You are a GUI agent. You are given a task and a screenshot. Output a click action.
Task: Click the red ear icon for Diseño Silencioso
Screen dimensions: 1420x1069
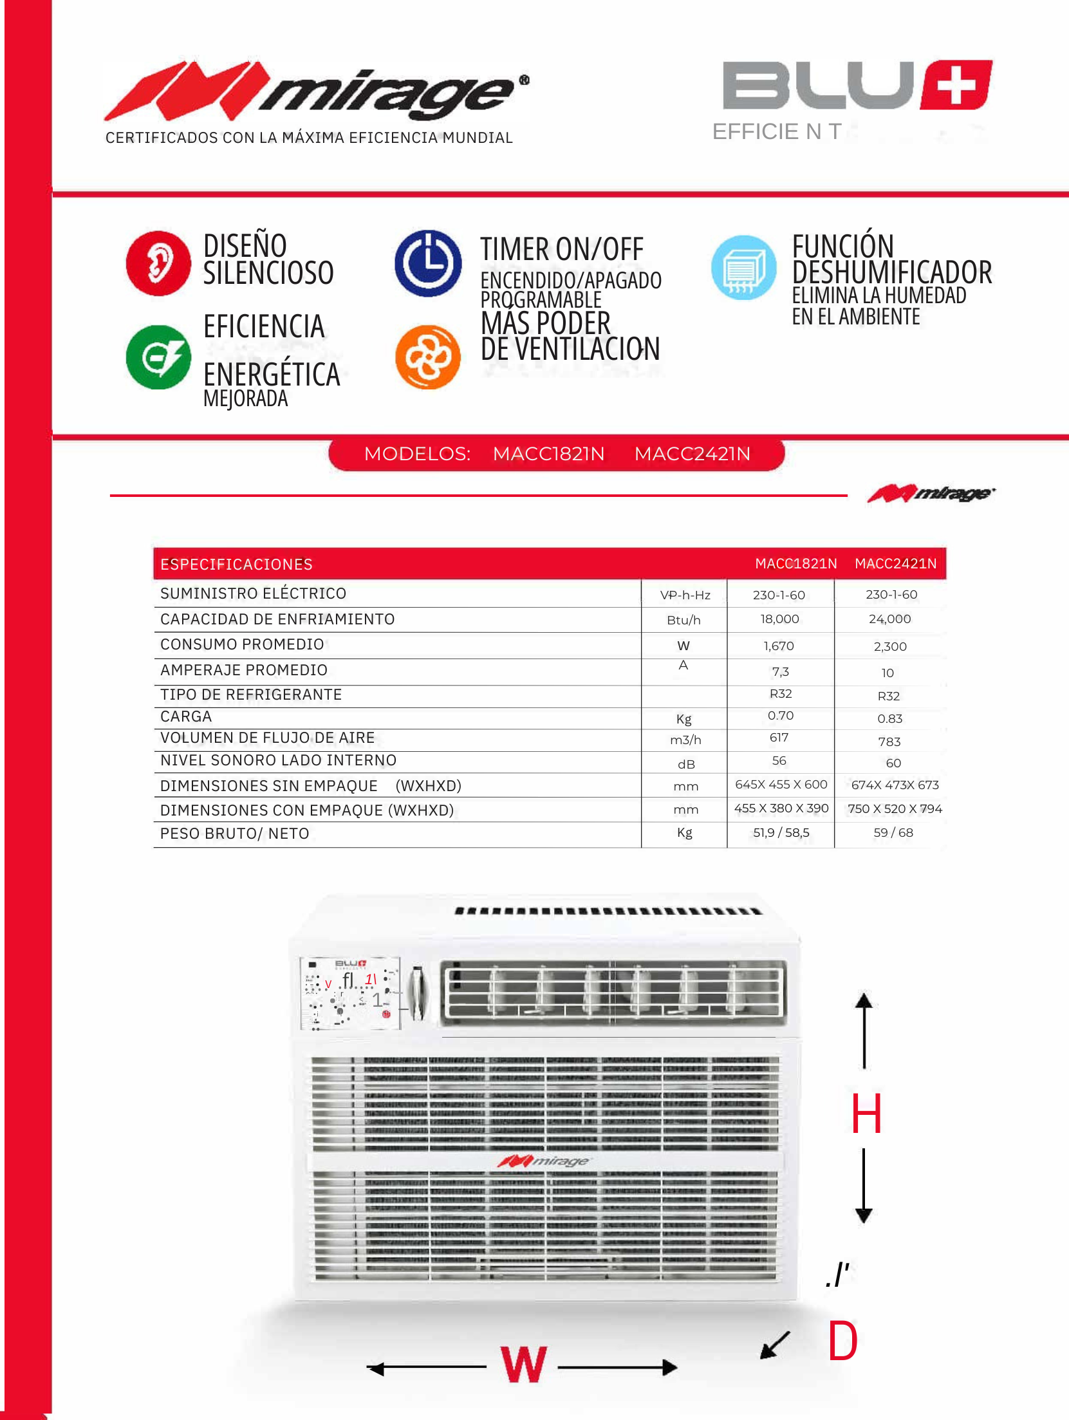click(x=158, y=263)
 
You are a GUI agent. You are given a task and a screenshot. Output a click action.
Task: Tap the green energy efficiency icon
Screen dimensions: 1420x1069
click(x=158, y=357)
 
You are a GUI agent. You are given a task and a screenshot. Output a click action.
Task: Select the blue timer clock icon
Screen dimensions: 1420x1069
click(x=428, y=263)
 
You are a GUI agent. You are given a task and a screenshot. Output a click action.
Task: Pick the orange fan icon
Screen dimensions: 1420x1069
click(x=428, y=357)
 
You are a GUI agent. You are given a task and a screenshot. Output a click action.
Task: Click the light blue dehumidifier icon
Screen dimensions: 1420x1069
click(x=744, y=267)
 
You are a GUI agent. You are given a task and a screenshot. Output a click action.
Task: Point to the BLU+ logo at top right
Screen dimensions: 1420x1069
click(x=857, y=86)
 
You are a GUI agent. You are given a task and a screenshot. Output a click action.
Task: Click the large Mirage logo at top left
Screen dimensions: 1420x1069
click(x=316, y=92)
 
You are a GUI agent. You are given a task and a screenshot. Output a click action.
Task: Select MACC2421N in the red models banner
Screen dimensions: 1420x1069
click(x=693, y=454)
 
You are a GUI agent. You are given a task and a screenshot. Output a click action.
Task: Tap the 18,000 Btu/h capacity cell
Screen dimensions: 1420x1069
click(x=779, y=619)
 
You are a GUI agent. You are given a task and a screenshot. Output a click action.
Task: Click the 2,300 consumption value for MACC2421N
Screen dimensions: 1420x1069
click(x=890, y=646)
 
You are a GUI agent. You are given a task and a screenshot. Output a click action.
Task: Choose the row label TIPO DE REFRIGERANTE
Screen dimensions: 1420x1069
click(x=251, y=695)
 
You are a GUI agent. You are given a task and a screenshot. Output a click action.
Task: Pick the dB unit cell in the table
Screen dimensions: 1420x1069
click(x=686, y=764)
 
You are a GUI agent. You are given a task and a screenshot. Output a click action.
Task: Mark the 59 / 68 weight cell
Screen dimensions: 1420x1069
click(x=893, y=833)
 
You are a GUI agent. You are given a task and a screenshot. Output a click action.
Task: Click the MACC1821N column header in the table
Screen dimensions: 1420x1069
click(x=796, y=564)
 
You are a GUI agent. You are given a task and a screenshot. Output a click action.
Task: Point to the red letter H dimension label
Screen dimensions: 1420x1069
click(x=866, y=1114)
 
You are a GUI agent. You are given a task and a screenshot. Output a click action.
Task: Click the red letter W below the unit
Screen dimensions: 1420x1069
click(x=524, y=1365)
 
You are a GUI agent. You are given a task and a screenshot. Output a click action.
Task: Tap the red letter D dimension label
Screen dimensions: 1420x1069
click(x=842, y=1341)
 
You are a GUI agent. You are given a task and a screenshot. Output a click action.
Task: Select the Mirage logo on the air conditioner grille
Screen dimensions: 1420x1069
click(x=544, y=1161)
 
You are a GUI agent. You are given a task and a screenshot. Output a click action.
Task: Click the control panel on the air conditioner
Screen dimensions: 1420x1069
click(x=350, y=993)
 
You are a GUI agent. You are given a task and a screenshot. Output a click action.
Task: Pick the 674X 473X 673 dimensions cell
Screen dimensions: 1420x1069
click(x=895, y=785)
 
